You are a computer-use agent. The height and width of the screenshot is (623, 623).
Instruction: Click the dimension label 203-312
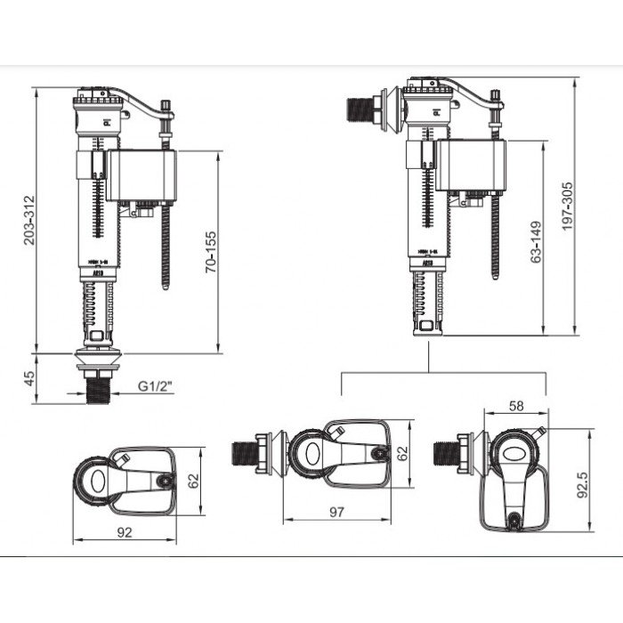click(x=30, y=218)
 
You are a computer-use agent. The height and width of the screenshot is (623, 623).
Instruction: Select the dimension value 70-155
click(x=211, y=252)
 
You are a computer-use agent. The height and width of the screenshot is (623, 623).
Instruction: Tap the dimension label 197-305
click(x=567, y=207)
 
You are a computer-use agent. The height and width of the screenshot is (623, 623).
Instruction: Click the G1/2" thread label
click(x=155, y=387)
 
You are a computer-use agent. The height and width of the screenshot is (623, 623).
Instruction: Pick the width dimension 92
click(x=124, y=533)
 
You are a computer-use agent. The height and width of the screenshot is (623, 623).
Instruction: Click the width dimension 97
click(x=337, y=514)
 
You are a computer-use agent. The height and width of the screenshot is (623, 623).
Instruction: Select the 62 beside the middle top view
click(x=401, y=454)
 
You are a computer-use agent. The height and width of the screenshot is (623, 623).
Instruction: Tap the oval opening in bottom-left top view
click(x=95, y=484)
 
